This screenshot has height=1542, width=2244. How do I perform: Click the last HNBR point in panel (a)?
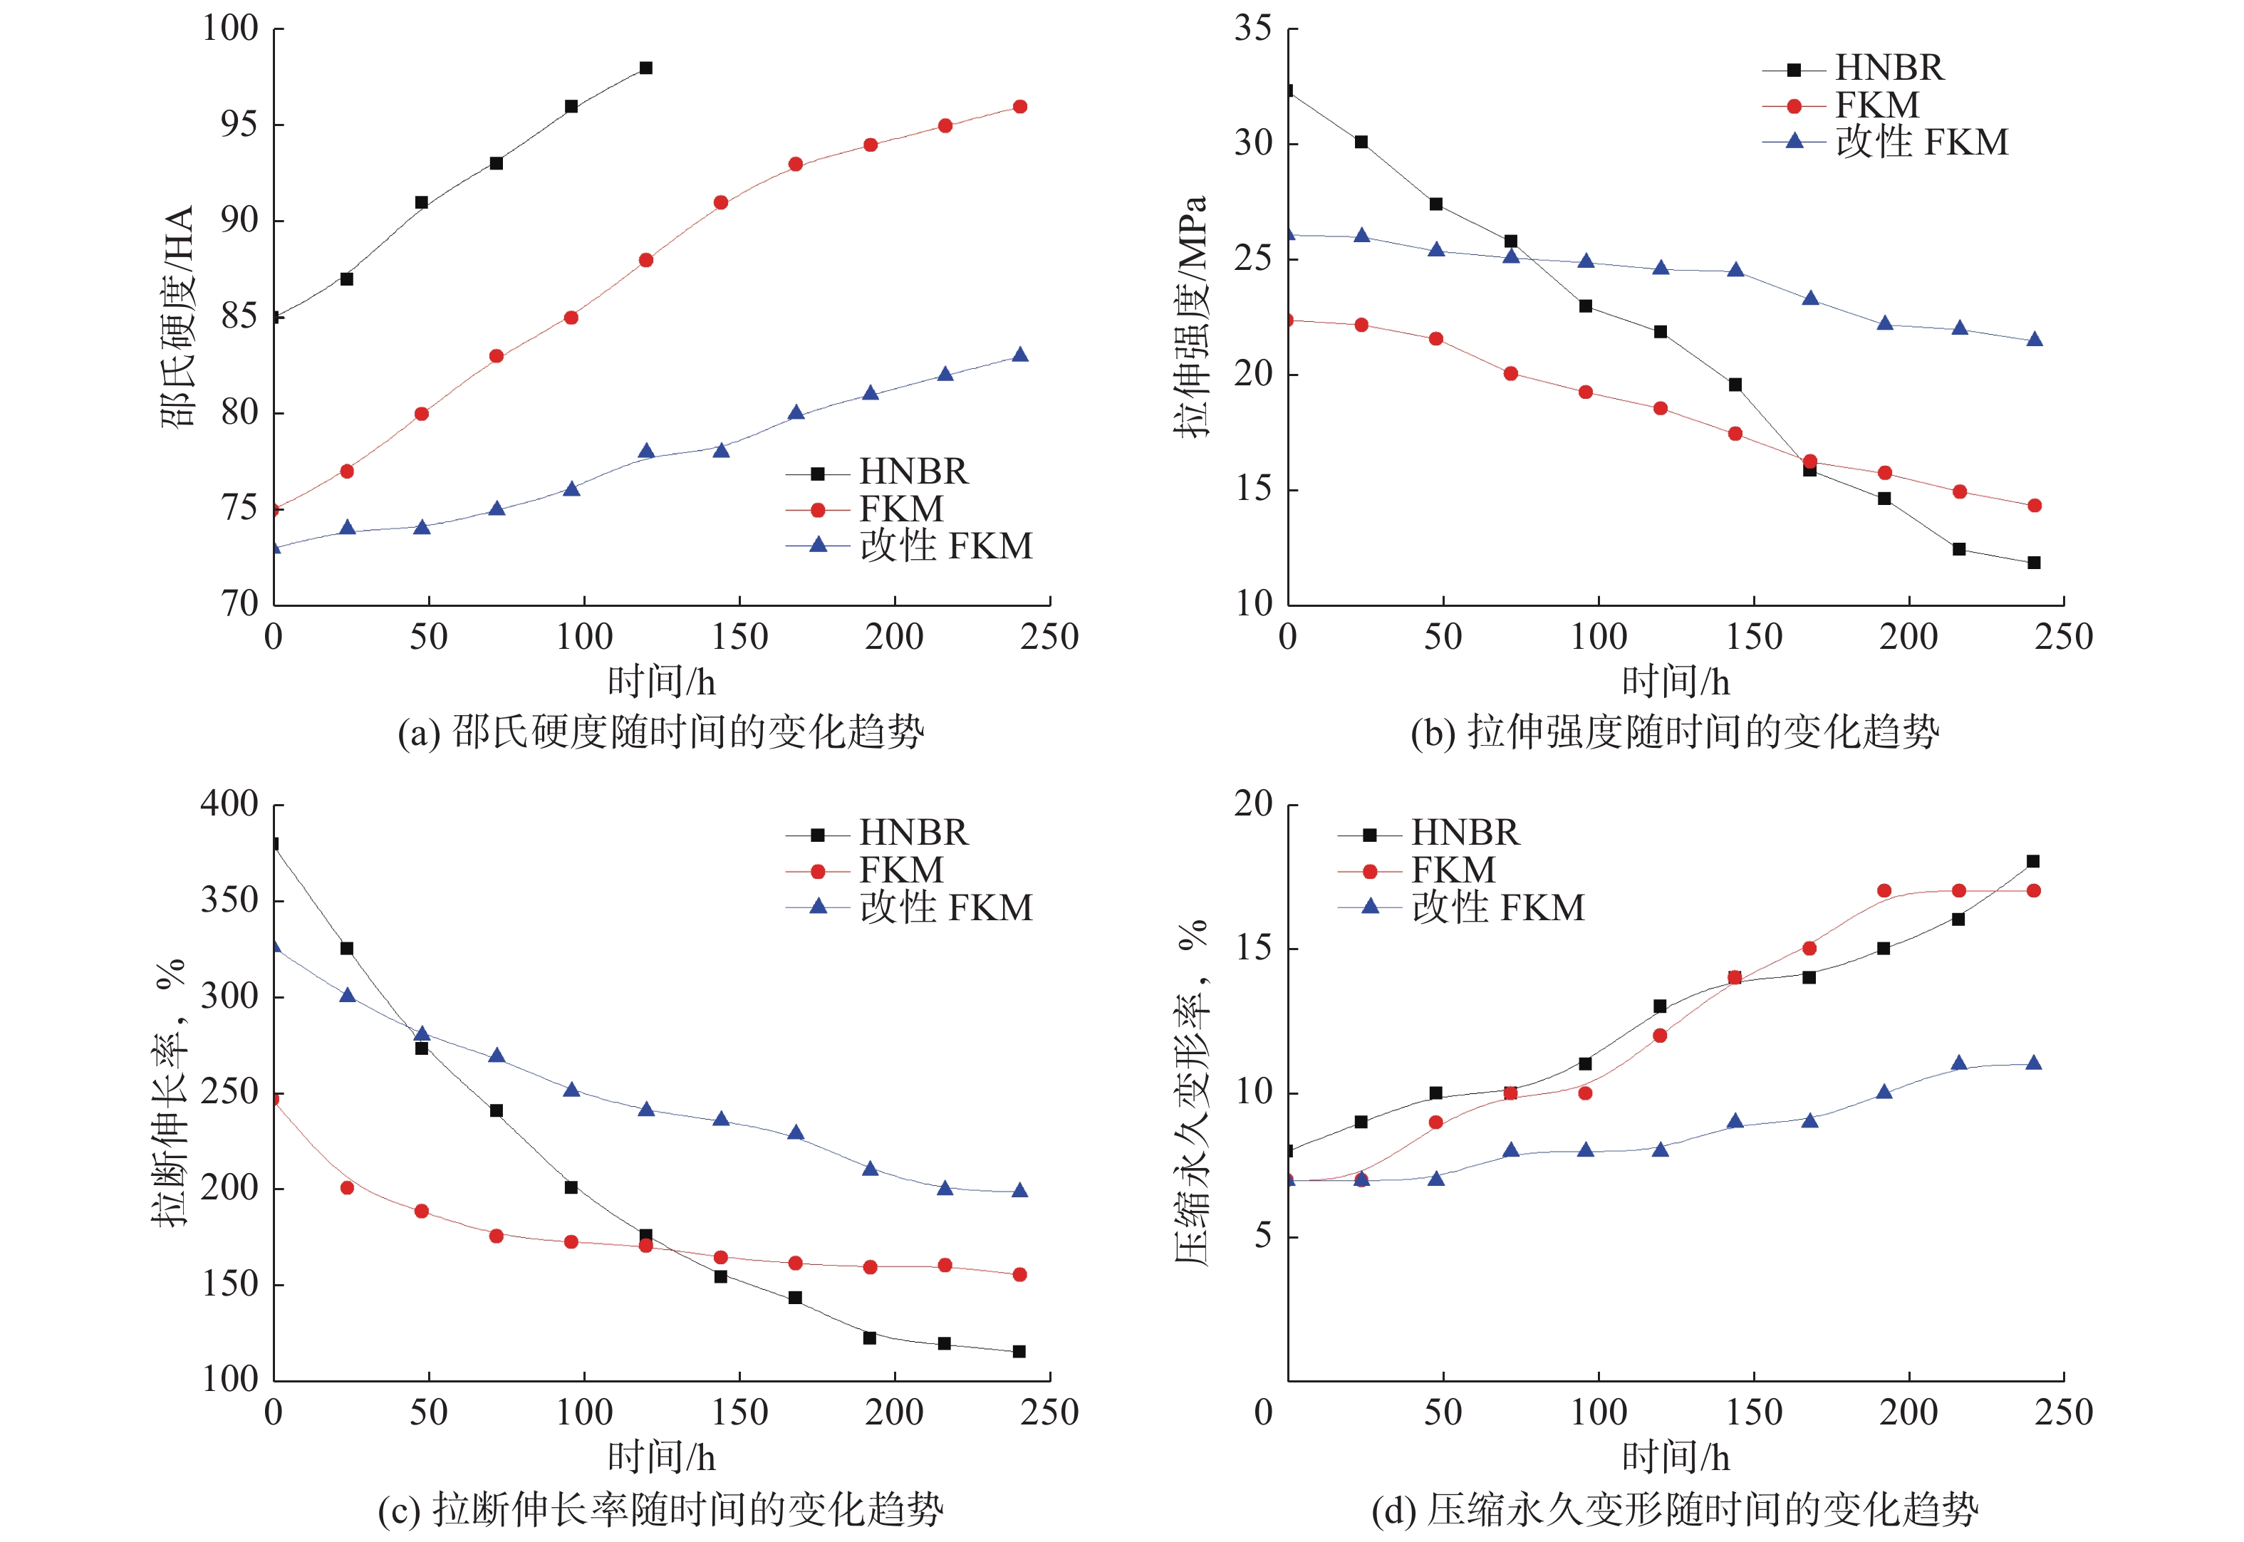645,68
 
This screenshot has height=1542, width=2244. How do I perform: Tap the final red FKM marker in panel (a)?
1019,106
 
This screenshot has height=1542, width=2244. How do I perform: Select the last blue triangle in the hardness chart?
1019,355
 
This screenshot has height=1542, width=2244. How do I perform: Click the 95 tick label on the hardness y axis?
239,125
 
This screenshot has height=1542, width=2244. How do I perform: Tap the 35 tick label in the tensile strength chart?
1252,29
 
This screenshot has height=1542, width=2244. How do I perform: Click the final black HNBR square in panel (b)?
2033,562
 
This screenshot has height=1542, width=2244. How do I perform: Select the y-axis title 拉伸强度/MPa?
1190,317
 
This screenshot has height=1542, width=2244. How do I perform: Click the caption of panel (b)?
1674,732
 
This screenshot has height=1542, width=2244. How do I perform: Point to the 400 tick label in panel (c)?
229,804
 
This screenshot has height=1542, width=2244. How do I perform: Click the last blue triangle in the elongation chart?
1019,1190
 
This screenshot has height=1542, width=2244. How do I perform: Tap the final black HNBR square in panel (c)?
1019,1352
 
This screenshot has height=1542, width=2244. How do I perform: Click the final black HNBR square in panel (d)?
2032,861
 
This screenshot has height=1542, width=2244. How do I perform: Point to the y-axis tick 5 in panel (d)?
1263,1236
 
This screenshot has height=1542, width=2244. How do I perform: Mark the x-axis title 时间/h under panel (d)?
1675,1457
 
